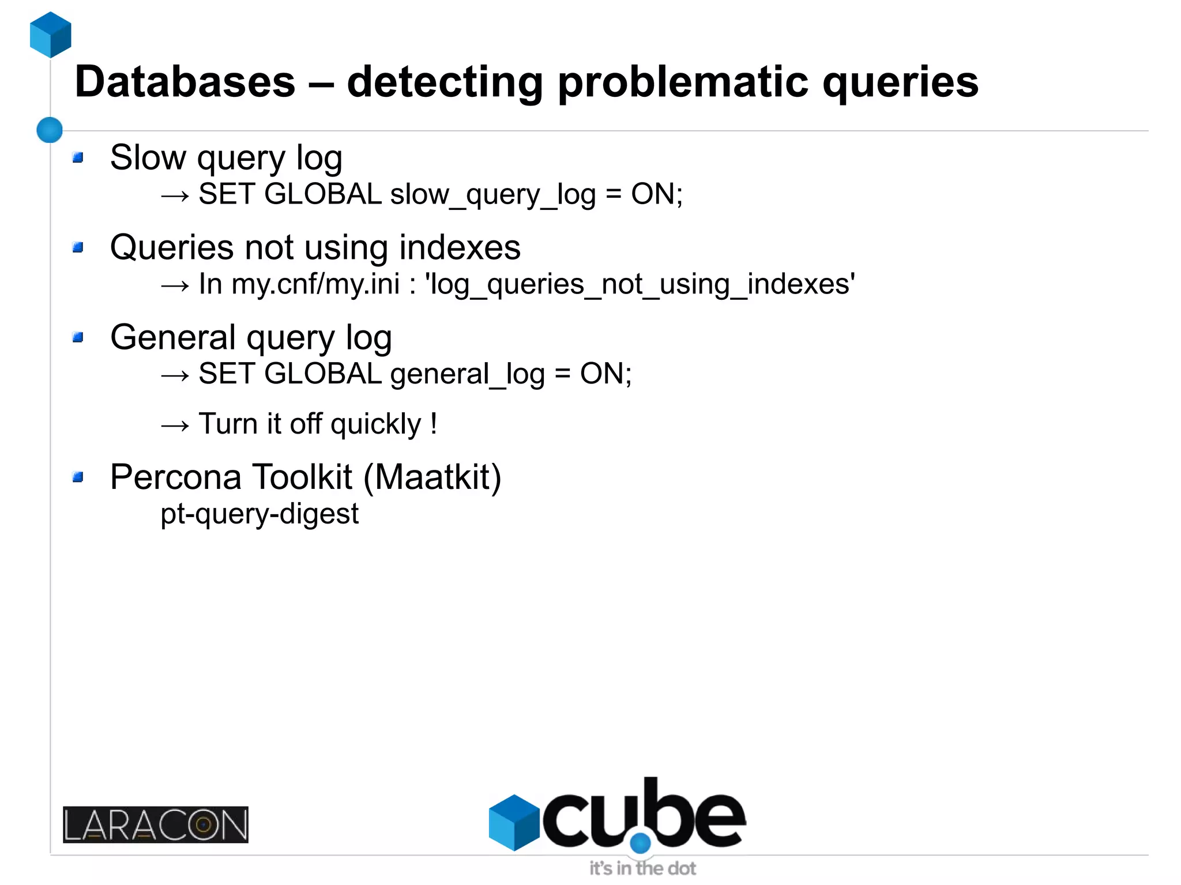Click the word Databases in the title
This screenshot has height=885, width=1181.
tap(185, 82)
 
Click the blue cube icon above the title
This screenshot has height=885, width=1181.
tap(51, 35)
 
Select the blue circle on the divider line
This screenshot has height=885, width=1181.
tap(50, 130)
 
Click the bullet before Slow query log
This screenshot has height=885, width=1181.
tap(78, 157)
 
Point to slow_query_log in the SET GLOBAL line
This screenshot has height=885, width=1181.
tap(492, 195)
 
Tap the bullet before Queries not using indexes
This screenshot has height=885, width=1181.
tap(78, 247)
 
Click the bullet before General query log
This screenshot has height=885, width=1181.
tap(78, 337)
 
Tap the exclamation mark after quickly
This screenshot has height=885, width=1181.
tap(434, 424)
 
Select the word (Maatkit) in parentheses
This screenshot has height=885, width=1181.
tap(432, 477)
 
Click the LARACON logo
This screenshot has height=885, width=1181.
tap(156, 824)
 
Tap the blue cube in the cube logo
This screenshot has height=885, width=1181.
tap(513, 822)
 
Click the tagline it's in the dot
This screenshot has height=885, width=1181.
tap(642, 868)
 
